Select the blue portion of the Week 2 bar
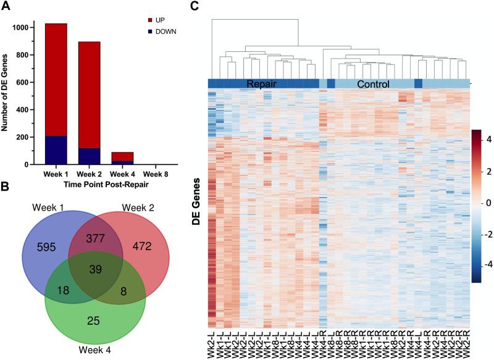(x=89, y=156)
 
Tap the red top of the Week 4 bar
(x=122, y=156)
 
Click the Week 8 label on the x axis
(x=155, y=173)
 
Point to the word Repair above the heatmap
(x=264, y=84)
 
